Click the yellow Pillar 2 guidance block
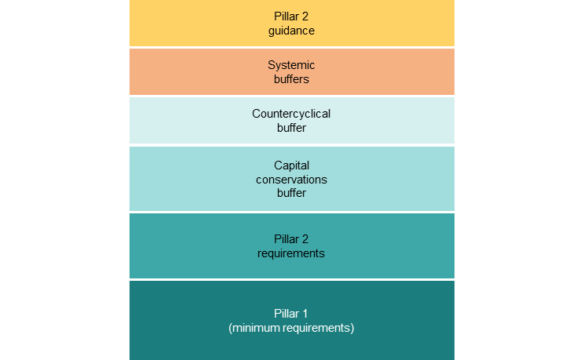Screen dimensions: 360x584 click(196, 24)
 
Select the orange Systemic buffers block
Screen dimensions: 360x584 click(196, 72)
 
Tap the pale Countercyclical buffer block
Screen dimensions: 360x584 click(196, 121)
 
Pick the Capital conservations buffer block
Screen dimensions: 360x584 click(196, 179)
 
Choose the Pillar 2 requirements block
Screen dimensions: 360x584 click(196, 246)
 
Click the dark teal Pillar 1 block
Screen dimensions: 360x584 click(196, 321)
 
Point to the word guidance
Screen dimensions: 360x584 click(291, 31)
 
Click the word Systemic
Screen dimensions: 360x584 click(291, 65)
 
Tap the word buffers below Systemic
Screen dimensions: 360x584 click(291, 79)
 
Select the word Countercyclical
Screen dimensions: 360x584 click(291, 114)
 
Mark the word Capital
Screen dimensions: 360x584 click(291, 165)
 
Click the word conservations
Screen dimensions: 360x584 click(291, 180)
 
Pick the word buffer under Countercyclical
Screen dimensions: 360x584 click(291, 128)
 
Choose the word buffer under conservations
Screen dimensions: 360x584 click(291, 193)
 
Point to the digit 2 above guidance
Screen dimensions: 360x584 click(305, 16)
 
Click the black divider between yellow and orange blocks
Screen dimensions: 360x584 click(291, 48)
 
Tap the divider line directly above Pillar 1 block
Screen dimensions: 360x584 click(291, 279)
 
